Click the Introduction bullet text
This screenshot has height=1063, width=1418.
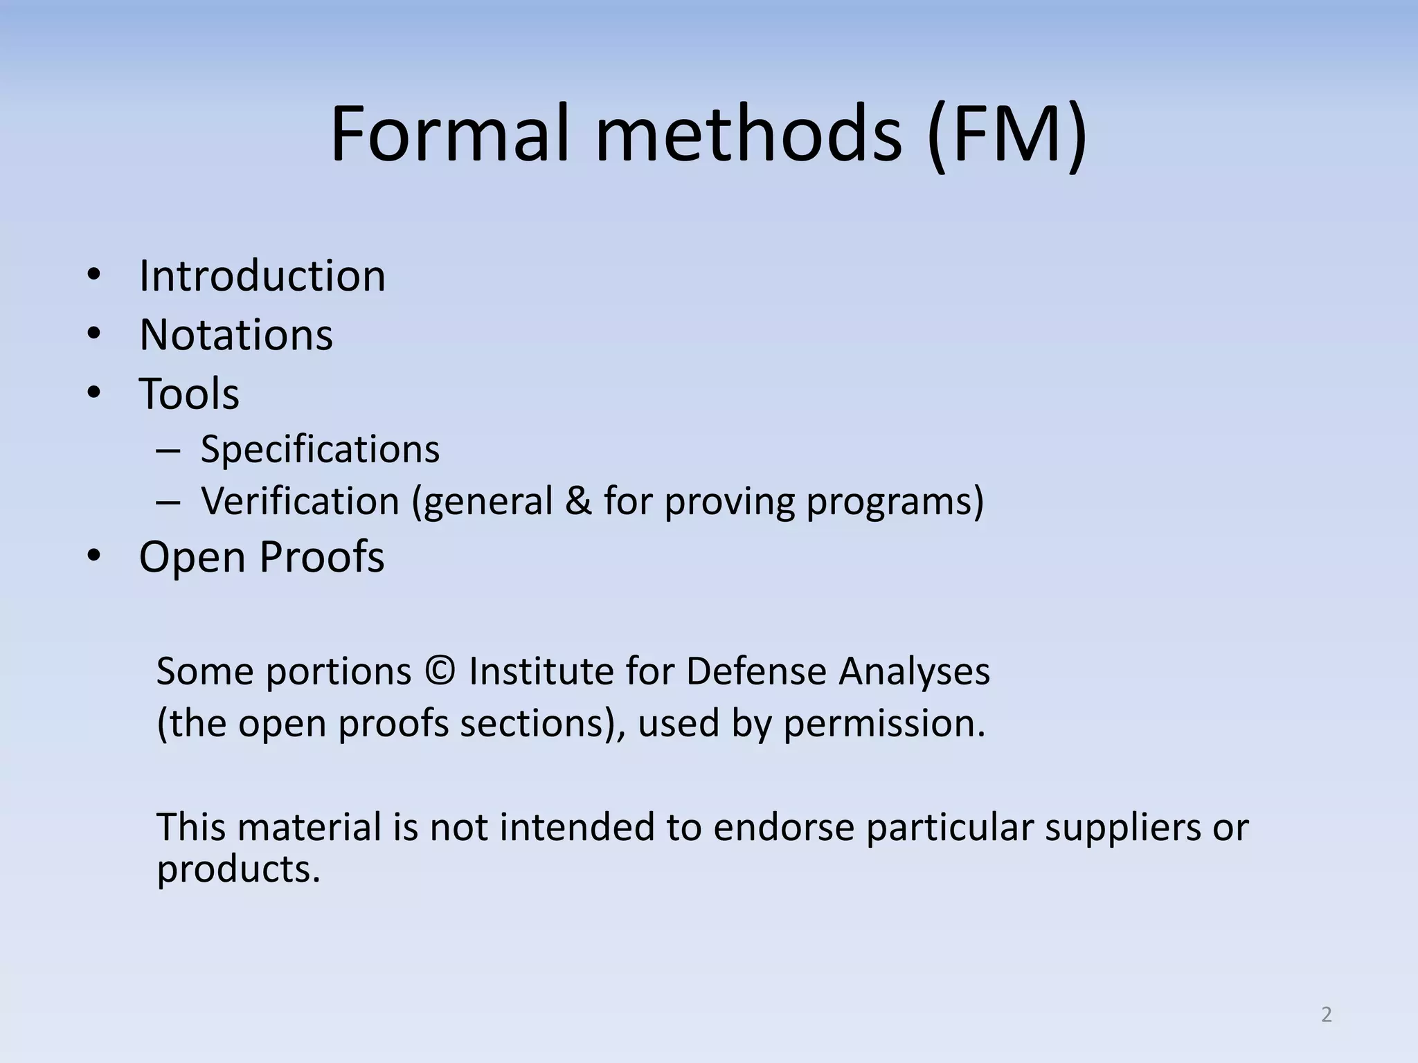coord(262,276)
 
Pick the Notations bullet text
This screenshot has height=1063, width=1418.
coord(236,335)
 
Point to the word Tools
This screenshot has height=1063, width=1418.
coord(189,394)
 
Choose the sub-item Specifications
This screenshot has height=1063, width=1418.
coord(320,449)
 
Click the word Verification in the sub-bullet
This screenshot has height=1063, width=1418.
coord(300,501)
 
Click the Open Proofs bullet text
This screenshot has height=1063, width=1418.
coord(261,556)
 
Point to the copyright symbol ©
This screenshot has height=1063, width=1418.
coord(440,671)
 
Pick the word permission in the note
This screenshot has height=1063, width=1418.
coord(883,724)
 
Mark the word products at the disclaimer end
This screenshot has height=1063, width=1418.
coord(237,869)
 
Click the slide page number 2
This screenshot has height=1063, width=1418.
coord(1327,1015)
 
